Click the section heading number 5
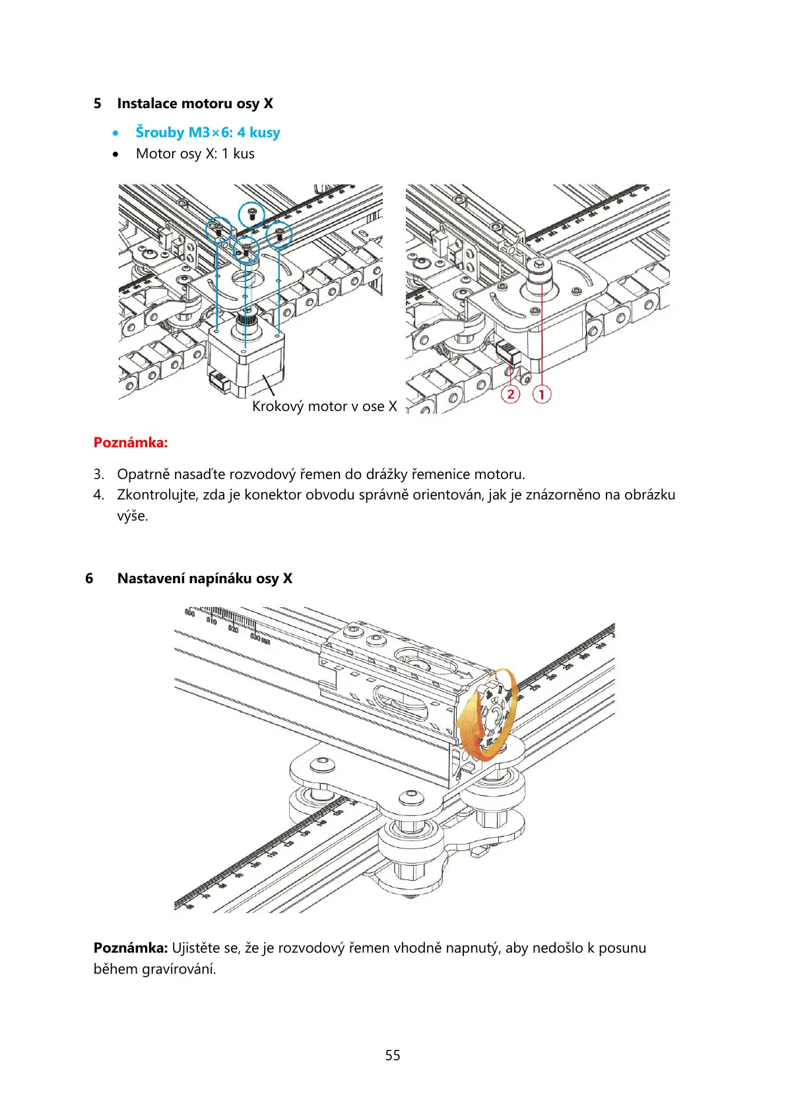point(98,104)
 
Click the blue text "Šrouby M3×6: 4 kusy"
point(208,133)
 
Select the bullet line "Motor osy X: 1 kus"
point(195,154)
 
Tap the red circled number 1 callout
point(541,395)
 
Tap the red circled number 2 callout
point(510,395)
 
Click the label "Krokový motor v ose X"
point(324,406)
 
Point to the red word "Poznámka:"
point(131,442)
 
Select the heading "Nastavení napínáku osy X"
point(205,579)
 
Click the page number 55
point(393,1056)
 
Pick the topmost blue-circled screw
point(251,213)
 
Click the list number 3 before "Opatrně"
point(98,474)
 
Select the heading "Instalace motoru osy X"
point(195,104)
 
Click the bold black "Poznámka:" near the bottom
point(131,948)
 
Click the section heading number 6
point(89,579)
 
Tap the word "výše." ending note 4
point(133,516)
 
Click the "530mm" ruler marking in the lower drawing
point(259,638)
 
